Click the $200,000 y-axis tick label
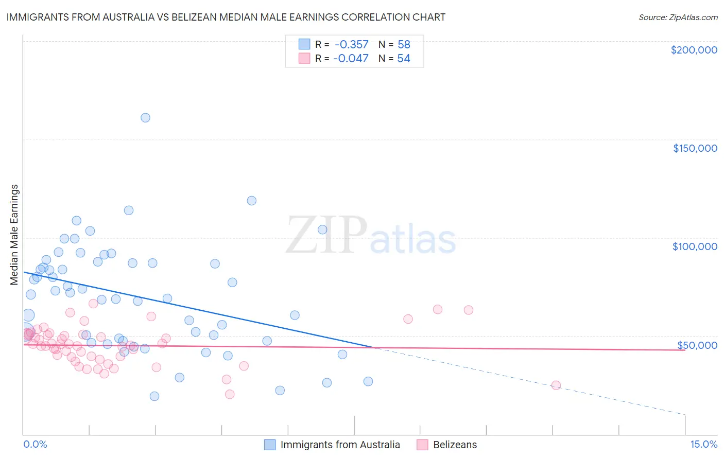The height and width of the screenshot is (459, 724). pyautogui.click(x=694, y=50)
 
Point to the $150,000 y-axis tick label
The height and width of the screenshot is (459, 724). pyautogui.click(x=695, y=148)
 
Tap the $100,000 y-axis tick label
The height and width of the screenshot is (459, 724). pyautogui.click(x=695, y=246)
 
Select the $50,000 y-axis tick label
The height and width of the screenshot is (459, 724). pyautogui.click(x=697, y=345)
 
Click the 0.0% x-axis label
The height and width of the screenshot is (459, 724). pyautogui.click(x=35, y=445)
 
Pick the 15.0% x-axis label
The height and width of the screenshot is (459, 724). pyautogui.click(x=703, y=445)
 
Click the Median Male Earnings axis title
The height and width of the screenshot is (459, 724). pyautogui.click(x=14, y=234)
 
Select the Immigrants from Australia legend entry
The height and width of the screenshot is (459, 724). pyautogui.click(x=340, y=445)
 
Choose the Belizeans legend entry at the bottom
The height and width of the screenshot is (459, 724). pyautogui.click(x=455, y=445)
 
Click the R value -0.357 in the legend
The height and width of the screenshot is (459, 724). pyautogui.click(x=351, y=45)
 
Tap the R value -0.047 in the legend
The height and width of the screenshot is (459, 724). pyautogui.click(x=351, y=59)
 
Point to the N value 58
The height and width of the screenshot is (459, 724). pyautogui.click(x=404, y=45)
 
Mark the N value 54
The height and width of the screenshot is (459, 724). pyautogui.click(x=404, y=59)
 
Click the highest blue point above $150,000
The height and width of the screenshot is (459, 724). pyautogui.click(x=145, y=118)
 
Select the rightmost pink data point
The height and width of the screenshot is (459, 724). pyautogui.click(x=556, y=385)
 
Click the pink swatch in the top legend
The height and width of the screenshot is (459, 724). pyautogui.click(x=304, y=59)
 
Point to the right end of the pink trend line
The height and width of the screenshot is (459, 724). pyautogui.click(x=685, y=350)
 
